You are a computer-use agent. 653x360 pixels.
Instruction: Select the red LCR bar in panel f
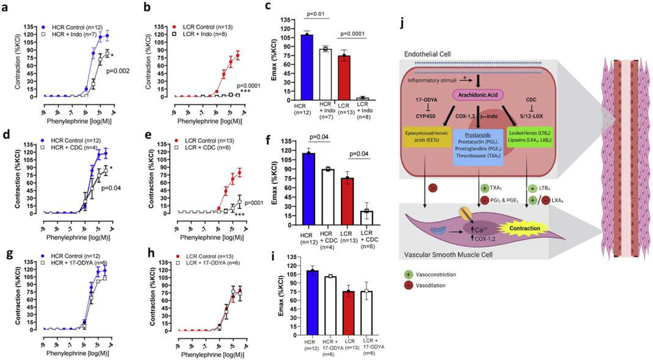coord(348,201)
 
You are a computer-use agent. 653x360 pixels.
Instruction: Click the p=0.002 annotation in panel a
coord(118,71)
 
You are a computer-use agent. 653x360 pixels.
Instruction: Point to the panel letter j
coord(402,24)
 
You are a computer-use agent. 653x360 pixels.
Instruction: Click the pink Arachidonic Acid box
coord(478,95)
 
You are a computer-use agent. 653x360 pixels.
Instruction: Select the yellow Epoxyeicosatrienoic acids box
coord(426,137)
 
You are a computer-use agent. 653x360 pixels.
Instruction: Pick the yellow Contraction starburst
coord(525,228)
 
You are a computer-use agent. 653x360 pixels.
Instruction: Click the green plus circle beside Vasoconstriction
coord(408,275)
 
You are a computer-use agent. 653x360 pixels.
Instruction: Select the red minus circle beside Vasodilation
coord(408,285)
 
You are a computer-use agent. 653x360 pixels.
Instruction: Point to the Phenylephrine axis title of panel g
coord(78,353)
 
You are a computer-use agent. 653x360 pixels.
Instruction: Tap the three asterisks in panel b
coord(246,91)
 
